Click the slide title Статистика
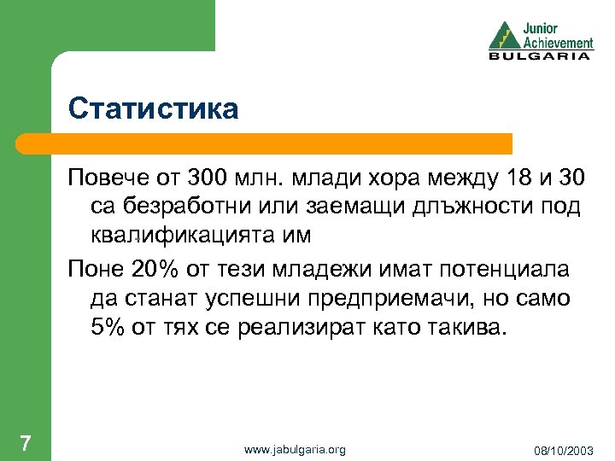154,109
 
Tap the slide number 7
26,443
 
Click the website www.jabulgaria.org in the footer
295,449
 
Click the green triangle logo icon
502,36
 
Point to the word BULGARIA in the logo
539,56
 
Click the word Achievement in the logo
558,42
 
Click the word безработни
189,208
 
